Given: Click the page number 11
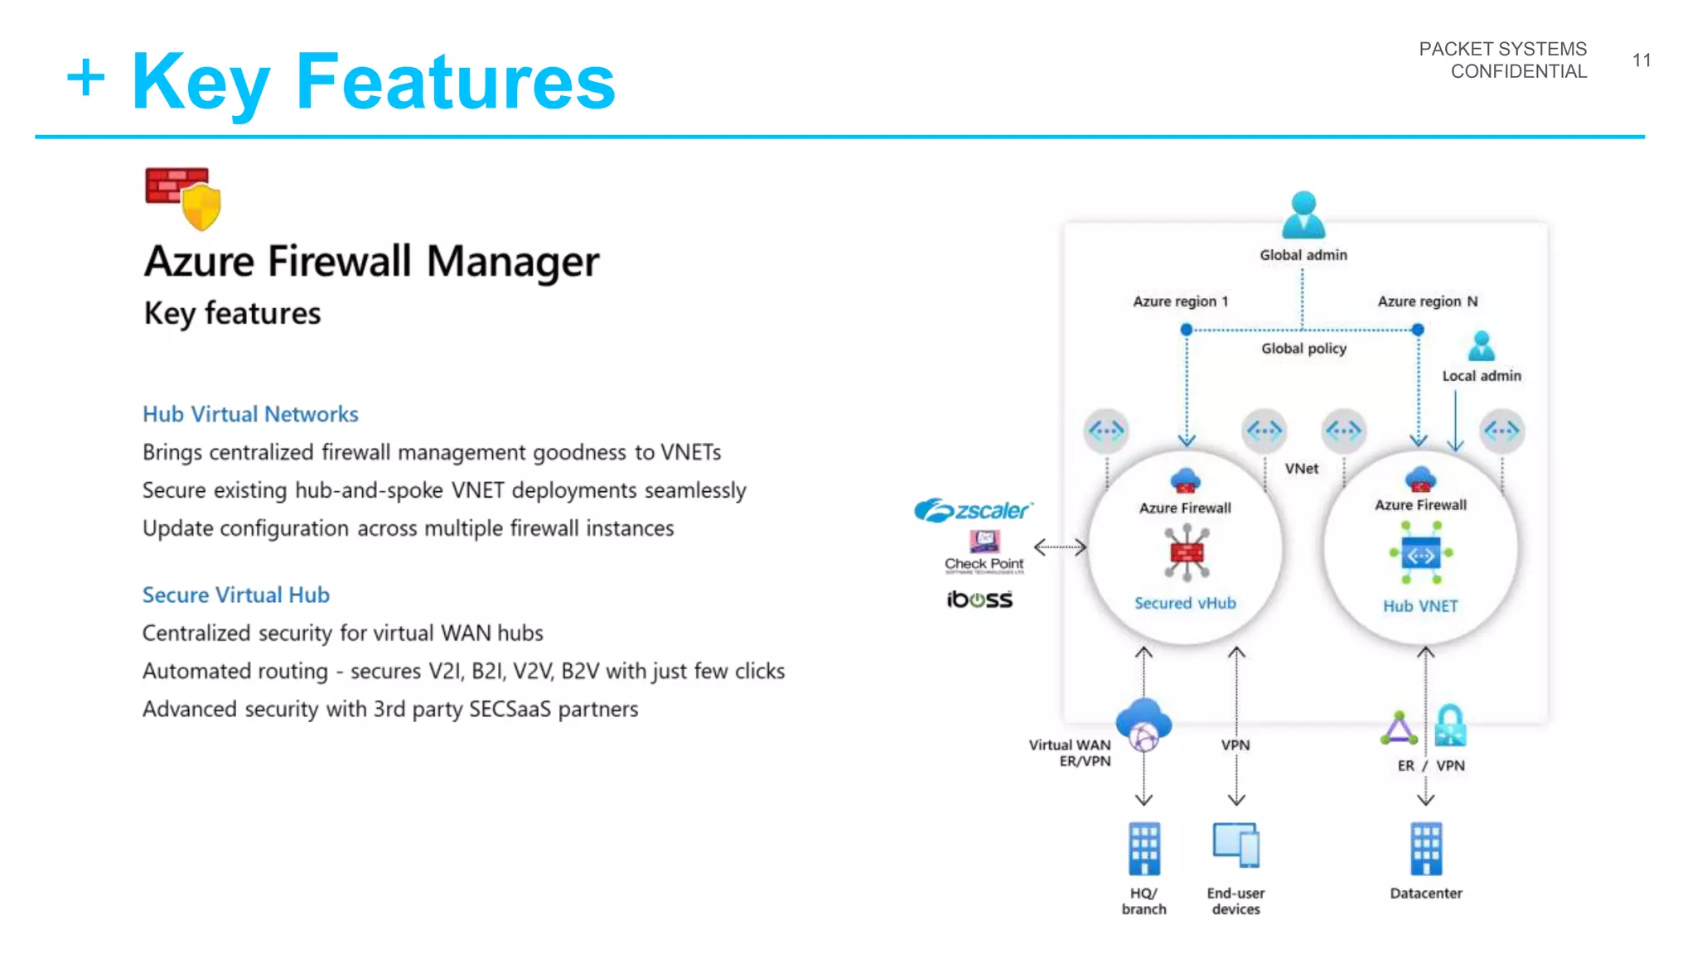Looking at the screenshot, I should coord(1641,60).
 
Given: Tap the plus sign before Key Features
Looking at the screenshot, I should coord(86,79).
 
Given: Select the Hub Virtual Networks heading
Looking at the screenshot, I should coord(250,414).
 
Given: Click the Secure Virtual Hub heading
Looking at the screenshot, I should coord(236,595).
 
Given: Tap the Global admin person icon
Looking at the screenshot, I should coord(1303,214).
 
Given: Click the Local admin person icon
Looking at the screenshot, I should coord(1482,346).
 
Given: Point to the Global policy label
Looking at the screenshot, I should coord(1303,349).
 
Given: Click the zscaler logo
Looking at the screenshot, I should coord(974,510).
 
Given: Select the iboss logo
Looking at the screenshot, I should coord(979,599).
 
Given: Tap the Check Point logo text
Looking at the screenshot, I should coord(984,564).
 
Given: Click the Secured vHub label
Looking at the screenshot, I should coord(1185,603).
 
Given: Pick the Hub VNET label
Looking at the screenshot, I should coord(1420,606).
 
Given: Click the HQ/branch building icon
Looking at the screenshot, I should coord(1144,849).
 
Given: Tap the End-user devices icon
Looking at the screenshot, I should coord(1235,845).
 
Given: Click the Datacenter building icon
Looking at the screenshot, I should coord(1426,849).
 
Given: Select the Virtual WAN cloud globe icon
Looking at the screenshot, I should coord(1143,725).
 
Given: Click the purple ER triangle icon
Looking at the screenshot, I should coord(1399,729).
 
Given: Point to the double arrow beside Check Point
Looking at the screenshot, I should coord(1060,547).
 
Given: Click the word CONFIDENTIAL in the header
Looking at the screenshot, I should coord(1518,72).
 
